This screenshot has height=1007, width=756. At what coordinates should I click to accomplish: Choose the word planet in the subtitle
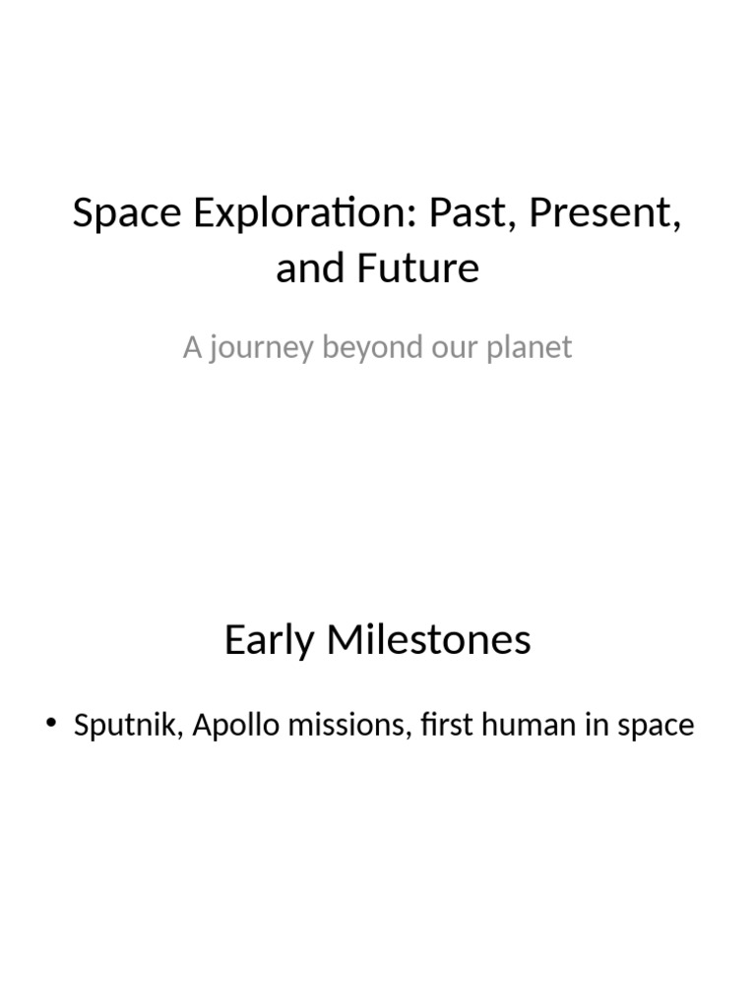point(533,348)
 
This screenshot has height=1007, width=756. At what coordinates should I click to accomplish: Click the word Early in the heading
point(267,640)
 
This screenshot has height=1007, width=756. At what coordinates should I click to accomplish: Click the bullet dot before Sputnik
point(51,726)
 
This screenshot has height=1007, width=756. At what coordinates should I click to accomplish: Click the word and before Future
point(307,267)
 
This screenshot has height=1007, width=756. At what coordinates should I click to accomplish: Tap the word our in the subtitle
point(455,348)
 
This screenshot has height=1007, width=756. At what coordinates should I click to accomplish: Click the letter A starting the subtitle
point(192,348)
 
